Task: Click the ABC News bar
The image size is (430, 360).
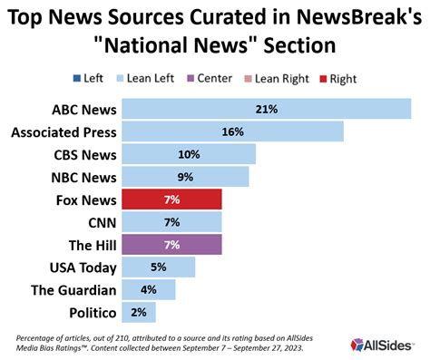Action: [x=266, y=109]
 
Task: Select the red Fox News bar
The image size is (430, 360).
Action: [x=171, y=199]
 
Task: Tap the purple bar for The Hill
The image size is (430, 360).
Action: [x=171, y=244]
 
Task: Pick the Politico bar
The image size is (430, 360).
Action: [x=138, y=312]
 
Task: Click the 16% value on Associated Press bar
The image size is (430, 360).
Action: [x=232, y=131]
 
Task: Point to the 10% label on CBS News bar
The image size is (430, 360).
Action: [x=189, y=154]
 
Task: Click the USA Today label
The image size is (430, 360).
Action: [x=82, y=267]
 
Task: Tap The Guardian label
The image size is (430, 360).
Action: [x=74, y=289]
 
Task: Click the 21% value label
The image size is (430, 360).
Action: [x=267, y=109]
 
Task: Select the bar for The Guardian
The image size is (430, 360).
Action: [x=148, y=289]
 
